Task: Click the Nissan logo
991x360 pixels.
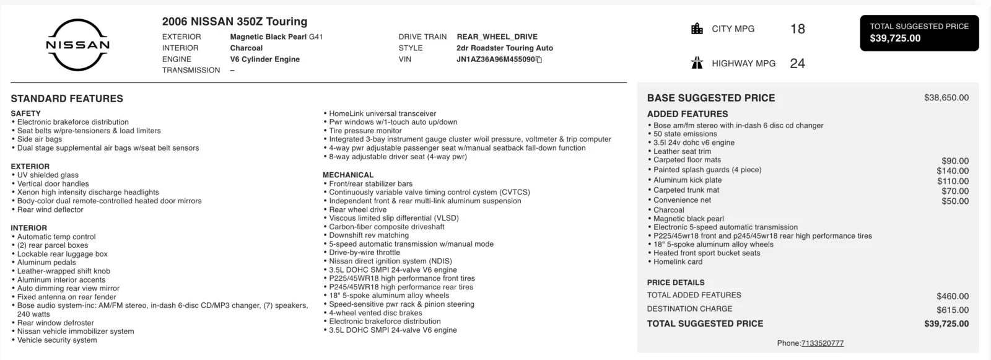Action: tap(78, 45)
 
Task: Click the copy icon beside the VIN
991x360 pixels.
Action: tap(539, 59)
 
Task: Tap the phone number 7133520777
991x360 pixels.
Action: tap(823, 343)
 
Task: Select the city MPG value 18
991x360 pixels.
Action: tap(798, 29)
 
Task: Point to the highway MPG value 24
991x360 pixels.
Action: tap(798, 63)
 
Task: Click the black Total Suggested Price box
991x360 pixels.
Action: tap(919, 33)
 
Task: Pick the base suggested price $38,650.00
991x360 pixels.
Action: tap(946, 98)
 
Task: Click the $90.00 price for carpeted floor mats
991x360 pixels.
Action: tap(955, 161)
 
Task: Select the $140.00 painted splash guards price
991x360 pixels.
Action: tap(953, 171)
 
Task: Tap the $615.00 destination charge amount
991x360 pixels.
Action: tap(953, 310)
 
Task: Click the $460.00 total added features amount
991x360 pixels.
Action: tap(953, 296)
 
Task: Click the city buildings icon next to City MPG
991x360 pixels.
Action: tap(697, 29)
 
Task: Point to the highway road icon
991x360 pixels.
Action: tap(697, 63)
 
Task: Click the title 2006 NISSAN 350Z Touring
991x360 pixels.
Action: tap(235, 22)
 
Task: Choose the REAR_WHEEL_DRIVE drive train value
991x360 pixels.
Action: tap(497, 37)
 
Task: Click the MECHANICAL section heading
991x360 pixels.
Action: tap(348, 175)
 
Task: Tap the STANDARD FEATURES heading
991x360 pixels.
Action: tap(67, 99)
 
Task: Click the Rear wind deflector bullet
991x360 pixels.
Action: tap(50, 210)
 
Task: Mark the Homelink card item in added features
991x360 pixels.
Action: tap(678, 262)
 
